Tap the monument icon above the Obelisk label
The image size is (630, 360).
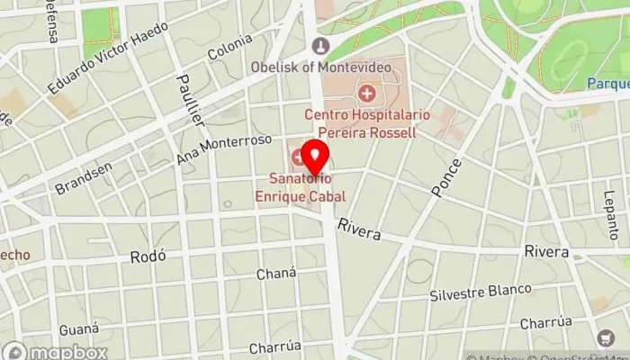(x=321, y=46)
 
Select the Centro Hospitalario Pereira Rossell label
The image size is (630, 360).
(x=366, y=123)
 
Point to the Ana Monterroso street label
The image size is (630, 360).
(x=224, y=149)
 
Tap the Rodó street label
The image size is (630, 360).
(x=148, y=256)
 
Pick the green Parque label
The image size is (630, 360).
(x=608, y=84)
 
